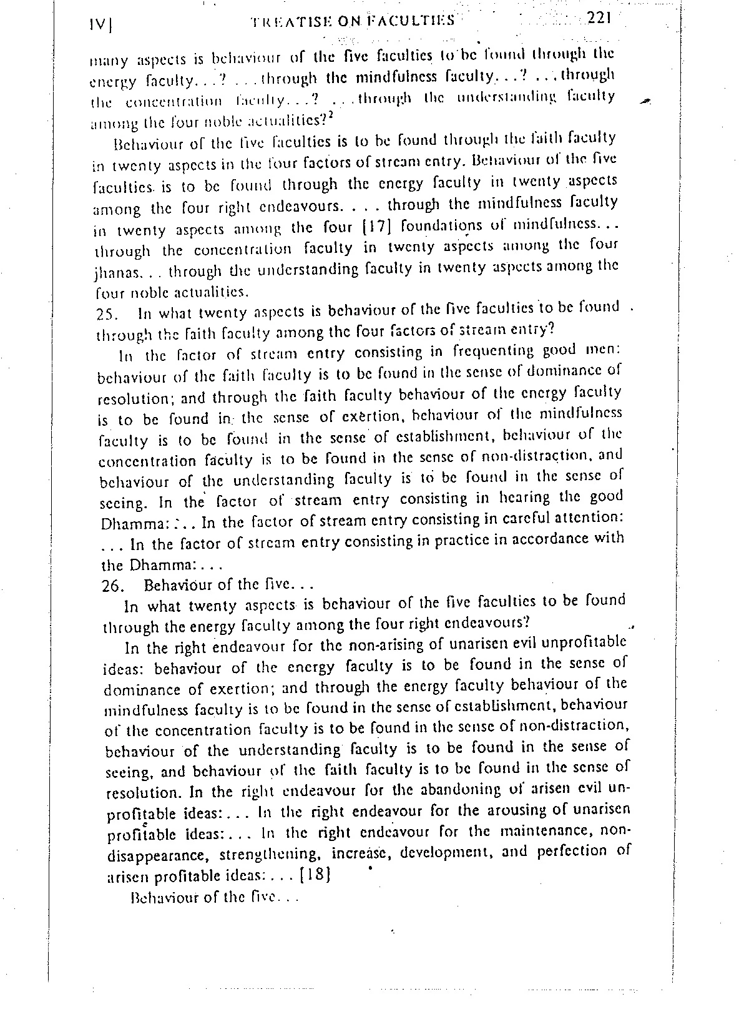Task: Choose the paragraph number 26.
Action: tap(114, 587)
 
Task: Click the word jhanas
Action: tap(115, 273)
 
